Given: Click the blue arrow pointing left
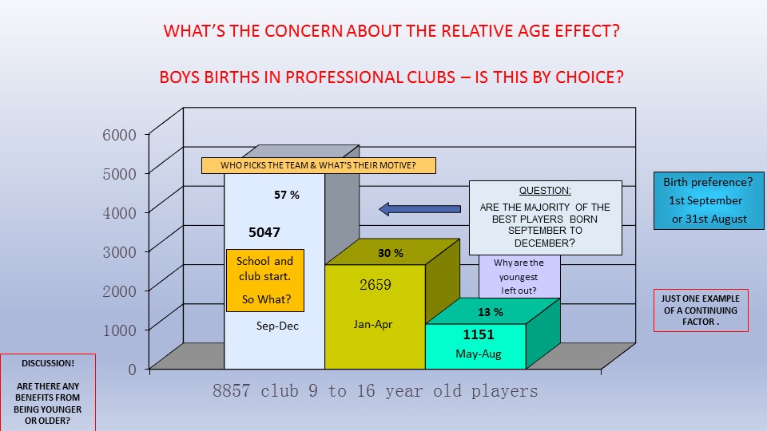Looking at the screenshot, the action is coord(419,209).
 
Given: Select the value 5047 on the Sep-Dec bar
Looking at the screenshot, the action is coord(264,232).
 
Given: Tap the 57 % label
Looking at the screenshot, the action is coord(287,195).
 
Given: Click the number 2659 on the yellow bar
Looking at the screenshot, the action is coord(376,284).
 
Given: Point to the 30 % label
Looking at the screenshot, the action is coord(391,253).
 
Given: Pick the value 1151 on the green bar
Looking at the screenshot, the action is coord(479,334).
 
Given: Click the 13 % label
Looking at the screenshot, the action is coord(490,312).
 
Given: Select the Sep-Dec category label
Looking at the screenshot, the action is coord(277,326).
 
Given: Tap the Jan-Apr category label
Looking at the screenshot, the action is coord(373,324).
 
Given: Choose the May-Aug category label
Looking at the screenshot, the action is coord(479,354).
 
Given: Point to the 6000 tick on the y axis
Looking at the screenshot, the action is coord(119,135).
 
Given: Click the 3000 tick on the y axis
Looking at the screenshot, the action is coord(119,252).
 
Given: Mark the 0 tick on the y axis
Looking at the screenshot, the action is coord(132,370).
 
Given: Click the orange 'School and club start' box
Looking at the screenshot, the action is coord(265,280).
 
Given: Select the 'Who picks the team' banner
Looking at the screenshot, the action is coord(319,166).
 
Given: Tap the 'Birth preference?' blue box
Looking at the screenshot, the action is coord(709,200).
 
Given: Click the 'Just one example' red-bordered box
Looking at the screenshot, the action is coord(701,310).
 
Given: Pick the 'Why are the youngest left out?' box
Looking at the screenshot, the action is coord(519,277).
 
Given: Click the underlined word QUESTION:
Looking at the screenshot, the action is coord(545,191).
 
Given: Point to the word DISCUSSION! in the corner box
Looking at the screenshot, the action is coord(48,363).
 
